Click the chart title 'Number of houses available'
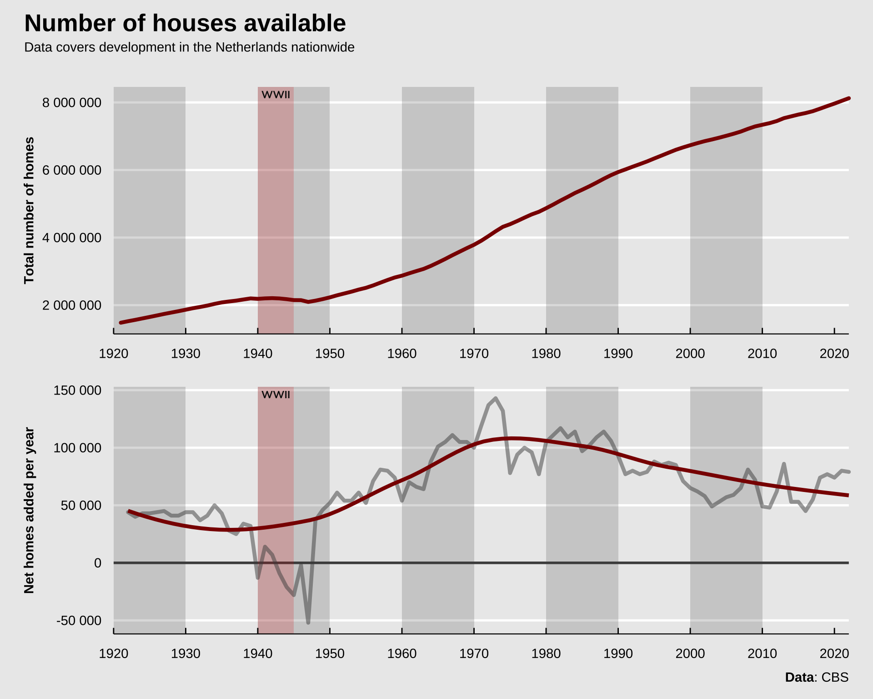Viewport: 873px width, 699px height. coord(185,23)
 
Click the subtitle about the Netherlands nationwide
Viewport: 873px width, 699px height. coord(189,47)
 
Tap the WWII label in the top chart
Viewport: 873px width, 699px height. coord(276,95)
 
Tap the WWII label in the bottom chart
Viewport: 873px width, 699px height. coord(276,395)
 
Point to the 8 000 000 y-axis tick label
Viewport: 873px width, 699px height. coord(72,103)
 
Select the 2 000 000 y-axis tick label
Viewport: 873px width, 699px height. coord(72,305)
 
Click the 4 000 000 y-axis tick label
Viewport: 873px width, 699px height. coord(72,238)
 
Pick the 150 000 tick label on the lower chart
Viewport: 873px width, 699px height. coord(77,390)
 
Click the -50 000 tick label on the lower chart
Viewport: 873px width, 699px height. coord(79,621)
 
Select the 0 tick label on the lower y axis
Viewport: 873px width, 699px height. coord(98,563)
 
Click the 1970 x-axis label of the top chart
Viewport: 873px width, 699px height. coord(474,354)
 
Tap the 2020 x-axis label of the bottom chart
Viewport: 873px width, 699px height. coord(834,653)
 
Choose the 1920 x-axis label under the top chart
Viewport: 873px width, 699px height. coord(114,354)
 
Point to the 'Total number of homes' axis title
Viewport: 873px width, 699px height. coord(29,210)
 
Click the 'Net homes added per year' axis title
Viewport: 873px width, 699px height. coord(29,510)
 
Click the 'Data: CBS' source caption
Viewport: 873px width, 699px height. coord(817,677)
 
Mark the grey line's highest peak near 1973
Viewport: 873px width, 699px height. coord(496,398)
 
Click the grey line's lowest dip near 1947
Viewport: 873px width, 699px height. coord(308,622)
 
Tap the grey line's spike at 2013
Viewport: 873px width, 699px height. coord(784,464)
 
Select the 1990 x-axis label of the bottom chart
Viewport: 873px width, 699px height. coord(618,653)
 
